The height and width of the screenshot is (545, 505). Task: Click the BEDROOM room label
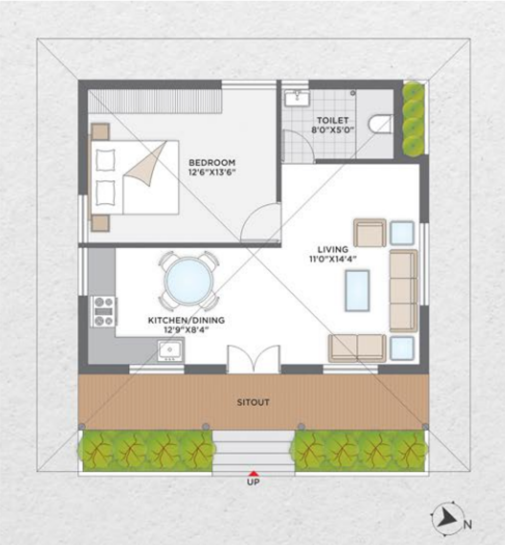coord(212,162)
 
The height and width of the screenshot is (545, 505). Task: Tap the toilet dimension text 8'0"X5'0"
coord(332,130)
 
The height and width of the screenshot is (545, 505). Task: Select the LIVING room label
coord(333,249)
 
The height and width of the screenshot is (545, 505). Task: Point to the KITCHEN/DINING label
coord(186,320)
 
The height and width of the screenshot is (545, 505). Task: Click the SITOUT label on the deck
coord(253,402)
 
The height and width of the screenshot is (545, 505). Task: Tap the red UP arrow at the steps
coord(254,473)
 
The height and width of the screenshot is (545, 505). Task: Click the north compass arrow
coord(447,519)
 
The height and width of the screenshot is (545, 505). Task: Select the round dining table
coord(188,281)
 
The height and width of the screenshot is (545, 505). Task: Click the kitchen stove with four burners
coord(103,311)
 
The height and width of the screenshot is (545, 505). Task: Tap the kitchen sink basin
coord(170,351)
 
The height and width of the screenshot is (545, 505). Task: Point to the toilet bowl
coord(381,124)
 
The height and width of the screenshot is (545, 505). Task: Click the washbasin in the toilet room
coord(297,98)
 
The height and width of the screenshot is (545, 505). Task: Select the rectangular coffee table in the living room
coord(357,290)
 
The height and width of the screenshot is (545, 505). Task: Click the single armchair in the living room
coord(370,233)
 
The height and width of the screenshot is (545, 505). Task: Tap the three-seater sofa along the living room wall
coord(403,291)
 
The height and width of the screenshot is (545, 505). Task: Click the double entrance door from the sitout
coord(254,359)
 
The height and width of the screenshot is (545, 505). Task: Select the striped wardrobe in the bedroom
coord(155,101)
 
